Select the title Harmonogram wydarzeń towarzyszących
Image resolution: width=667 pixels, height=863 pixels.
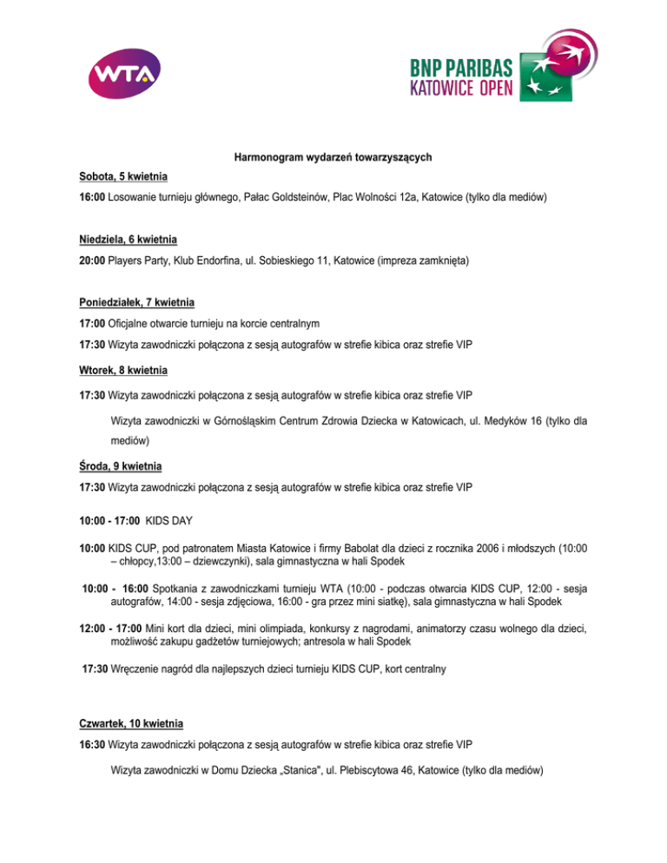pyautogui.click(x=333, y=157)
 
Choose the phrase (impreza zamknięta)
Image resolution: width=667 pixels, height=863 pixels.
pyautogui.click(x=408, y=259)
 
